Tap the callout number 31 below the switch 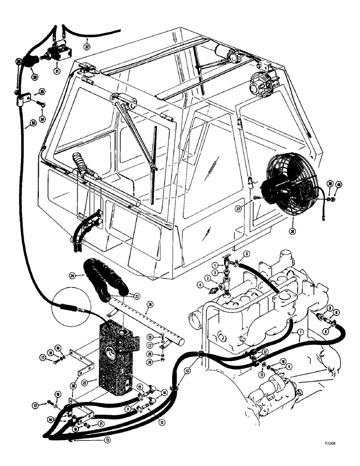point(57,71)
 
